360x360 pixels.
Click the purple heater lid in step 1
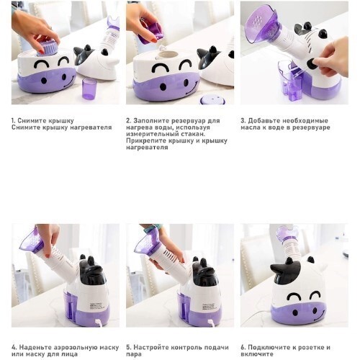[x=48, y=49]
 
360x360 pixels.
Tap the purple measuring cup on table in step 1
[x=89, y=89]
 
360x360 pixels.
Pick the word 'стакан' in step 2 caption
[x=193, y=134]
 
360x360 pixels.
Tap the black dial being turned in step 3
[x=312, y=63]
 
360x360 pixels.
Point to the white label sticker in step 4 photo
[x=95, y=307]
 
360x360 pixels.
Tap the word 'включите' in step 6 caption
[x=257, y=354]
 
